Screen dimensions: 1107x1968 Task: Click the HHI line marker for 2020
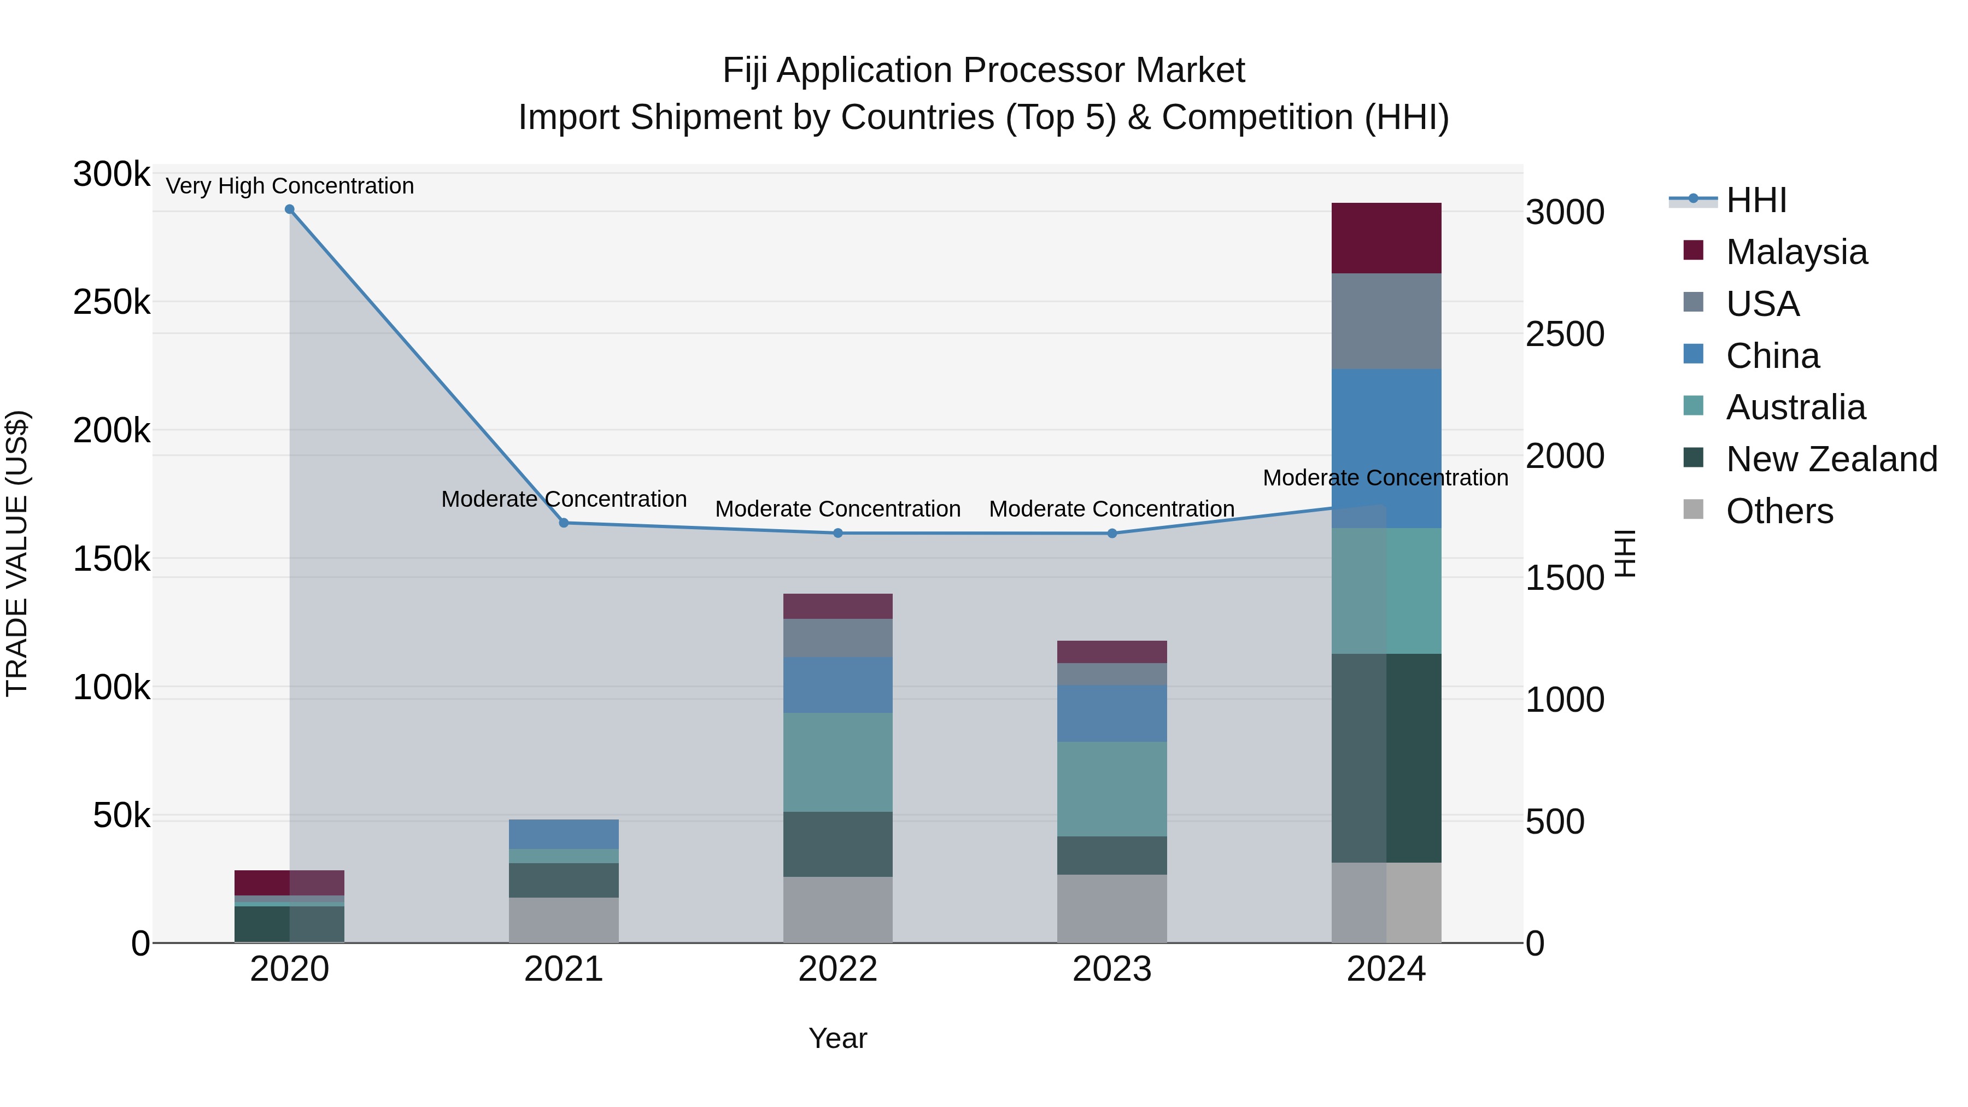coord(290,209)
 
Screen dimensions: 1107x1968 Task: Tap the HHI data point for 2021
coord(564,523)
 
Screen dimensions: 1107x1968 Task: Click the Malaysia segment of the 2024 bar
coord(1386,238)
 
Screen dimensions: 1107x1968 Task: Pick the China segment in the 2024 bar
coord(1386,448)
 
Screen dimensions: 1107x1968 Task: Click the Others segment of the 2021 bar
coord(564,920)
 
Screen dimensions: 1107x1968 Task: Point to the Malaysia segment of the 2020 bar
coord(290,882)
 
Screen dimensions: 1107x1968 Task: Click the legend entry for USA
coord(1762,304)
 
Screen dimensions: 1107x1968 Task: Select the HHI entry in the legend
coord(1755,200)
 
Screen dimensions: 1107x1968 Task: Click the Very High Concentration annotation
coord(290,186)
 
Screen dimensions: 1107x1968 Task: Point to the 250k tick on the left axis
coord(111,302)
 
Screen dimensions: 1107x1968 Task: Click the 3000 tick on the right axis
coord(1565,213)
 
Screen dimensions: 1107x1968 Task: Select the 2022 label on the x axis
coord(837,969)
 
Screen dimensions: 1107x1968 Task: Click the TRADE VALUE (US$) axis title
coord(17,553)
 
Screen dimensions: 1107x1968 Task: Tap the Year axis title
coord(837,1038)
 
